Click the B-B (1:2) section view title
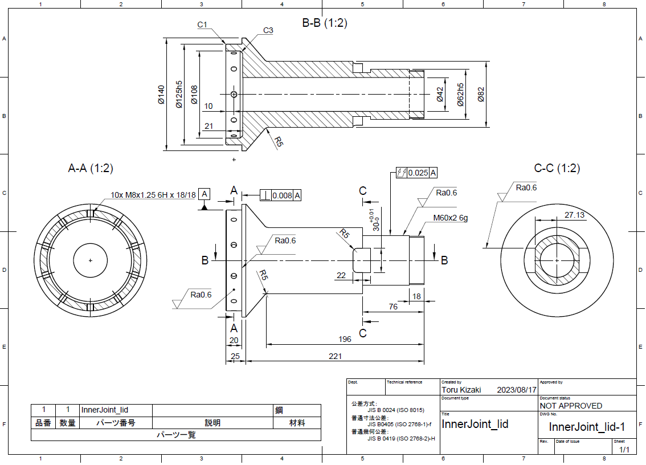pos(325,23)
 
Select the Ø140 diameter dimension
pos(161,95)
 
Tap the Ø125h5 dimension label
pos(179,94)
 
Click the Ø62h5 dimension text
pos(460,94)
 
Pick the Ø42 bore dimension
pos(440,95)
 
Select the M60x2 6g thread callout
pos(450,218)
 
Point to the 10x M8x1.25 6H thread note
pos(153,195)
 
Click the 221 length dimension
pos(335,356)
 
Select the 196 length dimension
pos(345,339)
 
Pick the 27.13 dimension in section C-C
pos(574,215)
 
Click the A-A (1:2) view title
pos(91,168)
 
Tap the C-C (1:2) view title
pos(557,168)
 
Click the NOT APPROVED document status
pos(571,406)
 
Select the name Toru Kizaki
pos(461,390)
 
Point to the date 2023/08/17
pos(517,390)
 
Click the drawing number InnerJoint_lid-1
pos(587,427)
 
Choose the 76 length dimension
pos(393,307)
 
